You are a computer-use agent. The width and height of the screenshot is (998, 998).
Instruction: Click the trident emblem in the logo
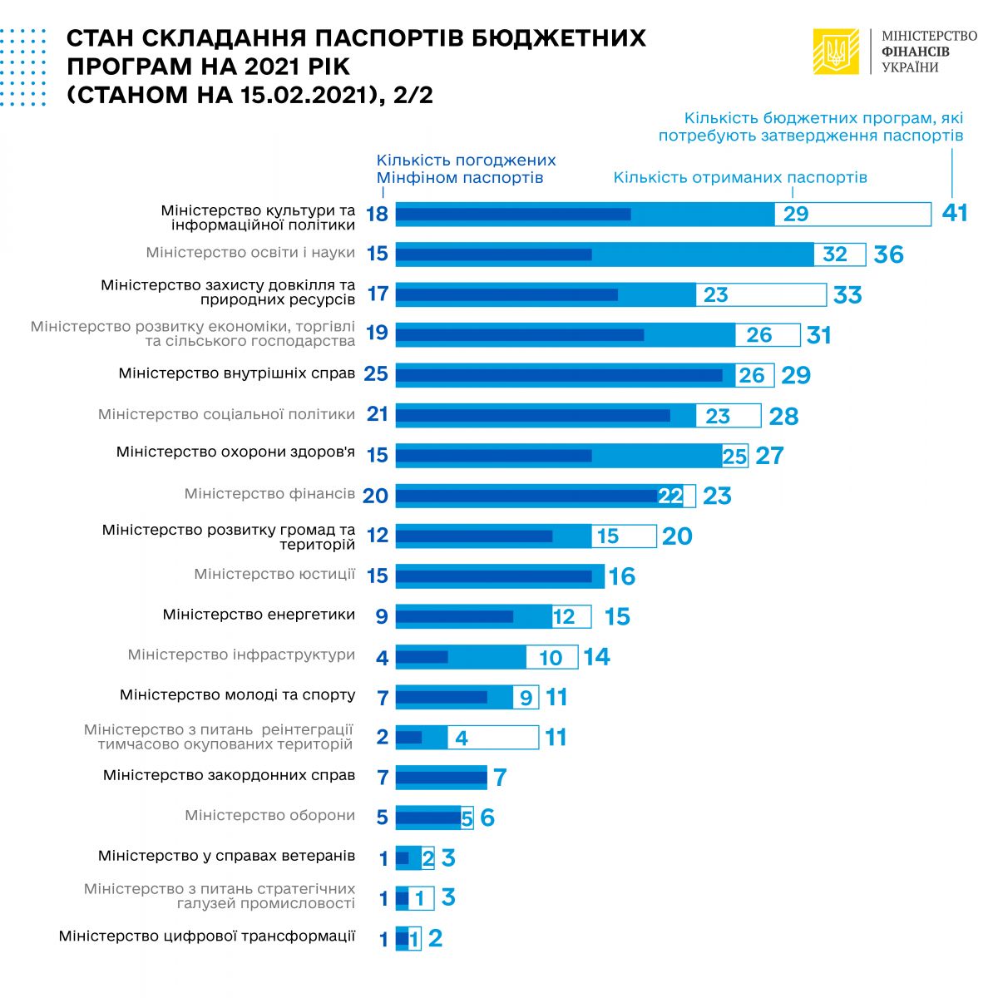(836, 52)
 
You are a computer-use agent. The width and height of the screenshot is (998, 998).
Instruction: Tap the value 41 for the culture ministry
(955, 214)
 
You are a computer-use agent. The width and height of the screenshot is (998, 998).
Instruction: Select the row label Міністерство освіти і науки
(250, 253)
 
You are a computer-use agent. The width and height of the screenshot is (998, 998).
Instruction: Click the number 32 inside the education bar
(834, 254)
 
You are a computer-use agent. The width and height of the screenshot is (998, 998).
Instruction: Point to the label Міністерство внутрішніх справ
(237, 373)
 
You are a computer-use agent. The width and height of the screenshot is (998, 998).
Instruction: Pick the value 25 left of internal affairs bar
(376, 374)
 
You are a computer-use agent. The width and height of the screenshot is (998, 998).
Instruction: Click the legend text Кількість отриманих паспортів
(740, 177)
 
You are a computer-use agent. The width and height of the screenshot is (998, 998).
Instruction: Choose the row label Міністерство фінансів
(269, 494)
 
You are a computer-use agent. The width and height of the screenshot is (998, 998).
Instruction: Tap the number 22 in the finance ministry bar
(670, 497)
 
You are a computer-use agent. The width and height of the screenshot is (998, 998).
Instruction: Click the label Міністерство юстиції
(274, 575)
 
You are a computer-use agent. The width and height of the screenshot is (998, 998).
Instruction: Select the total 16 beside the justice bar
(622, 576)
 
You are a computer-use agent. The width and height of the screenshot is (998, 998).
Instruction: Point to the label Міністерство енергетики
(259, 615)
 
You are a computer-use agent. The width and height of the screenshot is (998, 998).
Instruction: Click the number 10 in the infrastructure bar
(551, 658)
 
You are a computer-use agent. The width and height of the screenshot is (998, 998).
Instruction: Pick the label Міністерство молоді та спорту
(237, 695)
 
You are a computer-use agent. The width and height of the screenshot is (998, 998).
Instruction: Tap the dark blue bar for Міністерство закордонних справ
(441, 778)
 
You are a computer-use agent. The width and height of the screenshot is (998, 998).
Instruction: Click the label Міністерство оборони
(269, 816)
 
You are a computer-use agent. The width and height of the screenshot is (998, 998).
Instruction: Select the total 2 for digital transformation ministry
(435, 938)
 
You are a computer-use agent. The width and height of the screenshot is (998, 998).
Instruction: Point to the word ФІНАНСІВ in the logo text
(916, 52)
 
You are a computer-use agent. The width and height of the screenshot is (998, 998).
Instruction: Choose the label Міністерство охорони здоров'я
(235, 453)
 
